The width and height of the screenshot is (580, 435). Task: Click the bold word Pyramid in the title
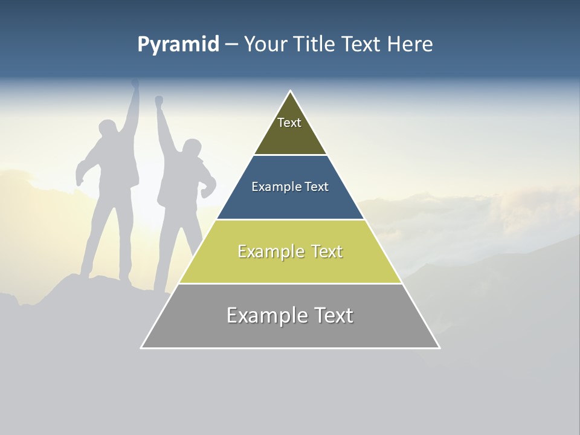pos(178,45)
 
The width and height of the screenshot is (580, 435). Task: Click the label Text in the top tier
pos(289,123)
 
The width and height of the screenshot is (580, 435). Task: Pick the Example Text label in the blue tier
pos(290,187)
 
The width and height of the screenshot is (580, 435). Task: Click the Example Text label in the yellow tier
pos(290,251)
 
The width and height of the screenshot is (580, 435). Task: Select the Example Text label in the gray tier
pos(290,315)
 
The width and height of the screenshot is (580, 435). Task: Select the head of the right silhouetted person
pos(192,149)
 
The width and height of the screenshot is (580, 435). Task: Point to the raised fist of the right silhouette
pos(159,101)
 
